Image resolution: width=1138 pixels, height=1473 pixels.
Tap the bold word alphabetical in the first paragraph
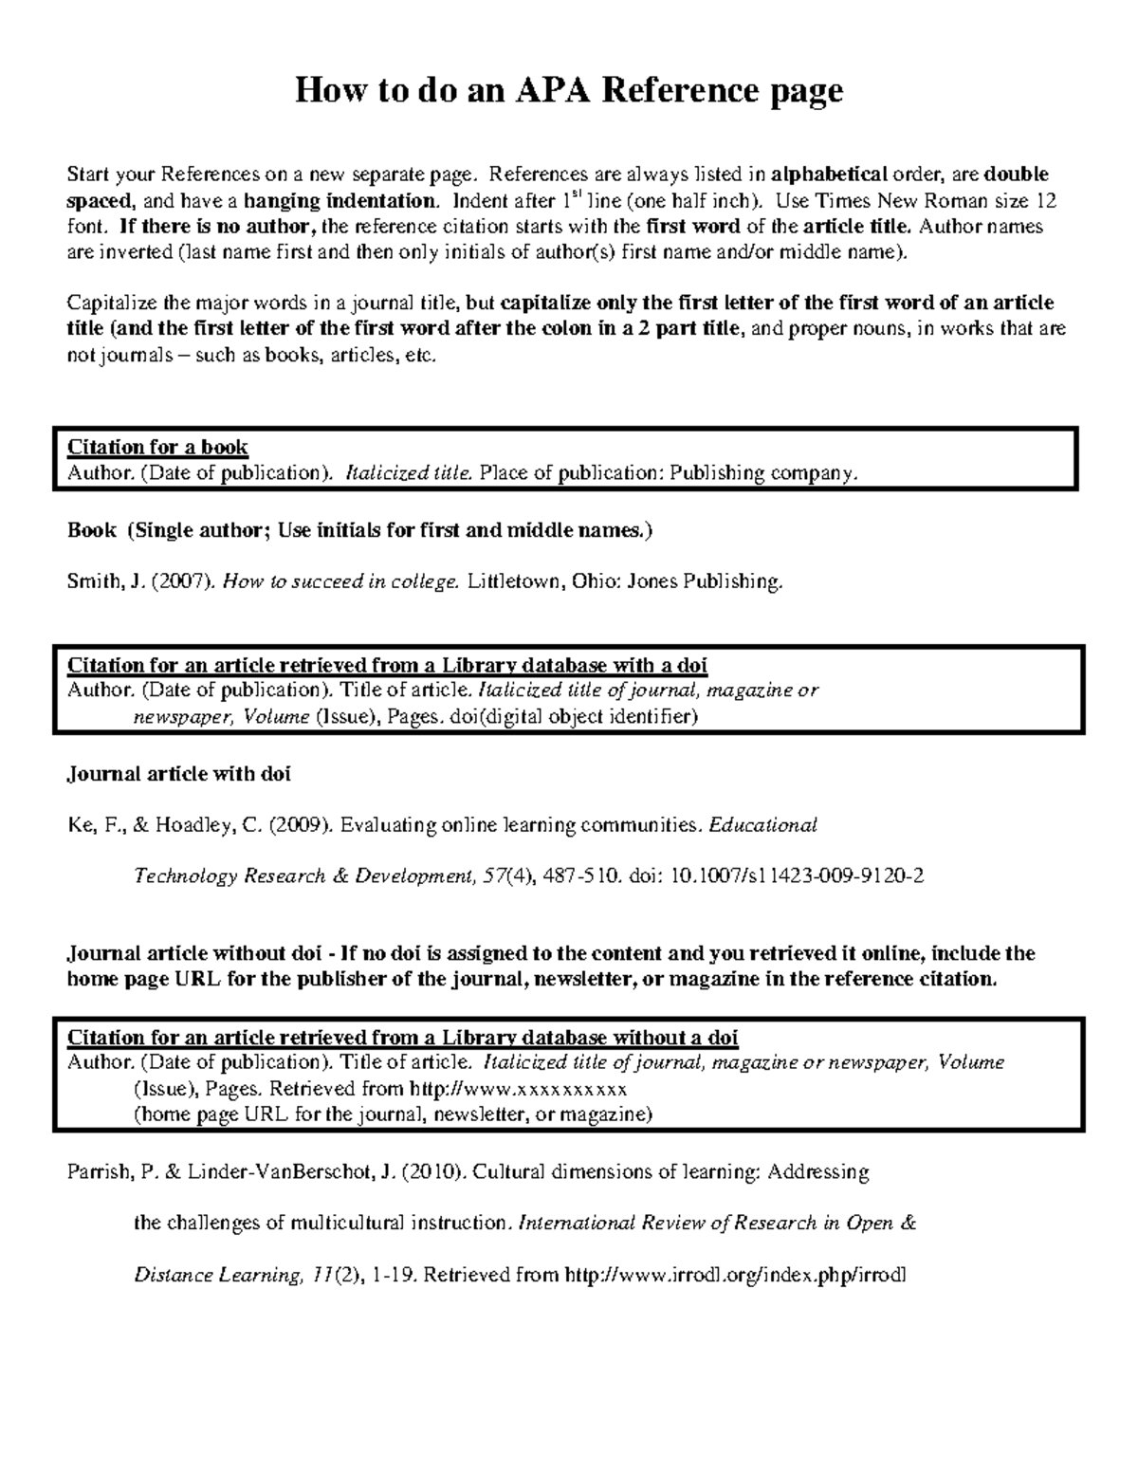pyautogui.click(x=829, y=175)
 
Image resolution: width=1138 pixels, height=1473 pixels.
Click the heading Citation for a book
pyautogui.click(x=157, y=447)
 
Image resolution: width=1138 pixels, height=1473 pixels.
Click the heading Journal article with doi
pyautogui.click(x=178, y=774)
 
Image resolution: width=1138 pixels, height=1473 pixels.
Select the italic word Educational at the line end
pyautogui.click(x=763, y=825)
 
